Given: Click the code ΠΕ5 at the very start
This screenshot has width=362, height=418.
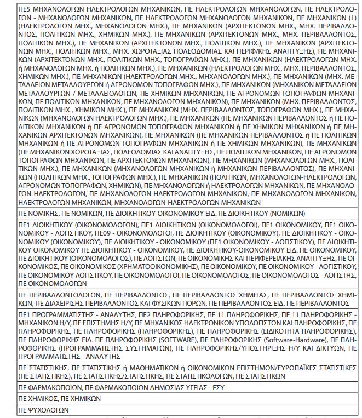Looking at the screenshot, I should [25, 9].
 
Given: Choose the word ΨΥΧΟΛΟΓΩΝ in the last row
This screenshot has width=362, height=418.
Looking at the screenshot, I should [49, 410].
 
